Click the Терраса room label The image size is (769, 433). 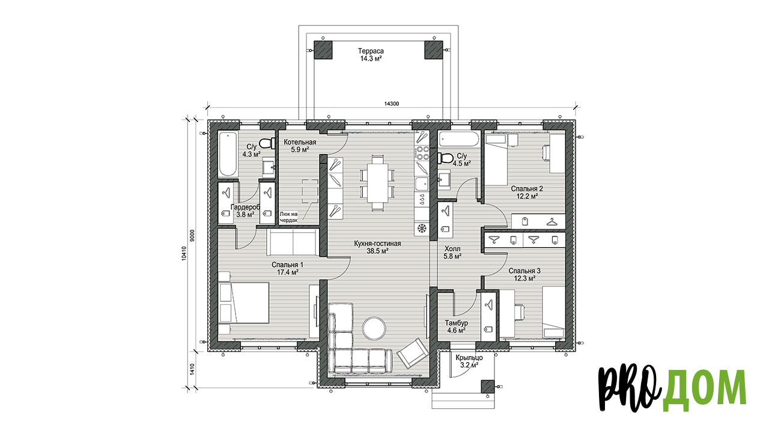click(x=371, y=51)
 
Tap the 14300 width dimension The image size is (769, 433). click(x=391, y=103)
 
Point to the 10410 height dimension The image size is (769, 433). click(x=184, y=253)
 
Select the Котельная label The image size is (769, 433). click(x=300, y=142)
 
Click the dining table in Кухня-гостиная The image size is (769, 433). click(x=377, y=183)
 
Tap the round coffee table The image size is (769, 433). click(x=374, y=328)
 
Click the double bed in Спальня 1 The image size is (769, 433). click(x=244, y=302)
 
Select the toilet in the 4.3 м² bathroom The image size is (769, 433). click(x=267, y=143)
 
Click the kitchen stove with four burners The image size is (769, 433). click(x=422, y=153)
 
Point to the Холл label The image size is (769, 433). click(x=452, y=248)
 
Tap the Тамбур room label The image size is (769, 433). click(x=456, y=323)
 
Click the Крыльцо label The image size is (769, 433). click(x=469, y=358)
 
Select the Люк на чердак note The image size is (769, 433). click(x=289, y=217)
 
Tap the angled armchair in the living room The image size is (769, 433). click(x=413, y=353)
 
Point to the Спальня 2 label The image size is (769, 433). click(x=527, y=188)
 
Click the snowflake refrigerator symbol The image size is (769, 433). click(x=422, y=228)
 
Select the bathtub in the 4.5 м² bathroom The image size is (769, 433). click(x=458, y=140)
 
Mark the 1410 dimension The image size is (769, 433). click(x=192, y=369)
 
